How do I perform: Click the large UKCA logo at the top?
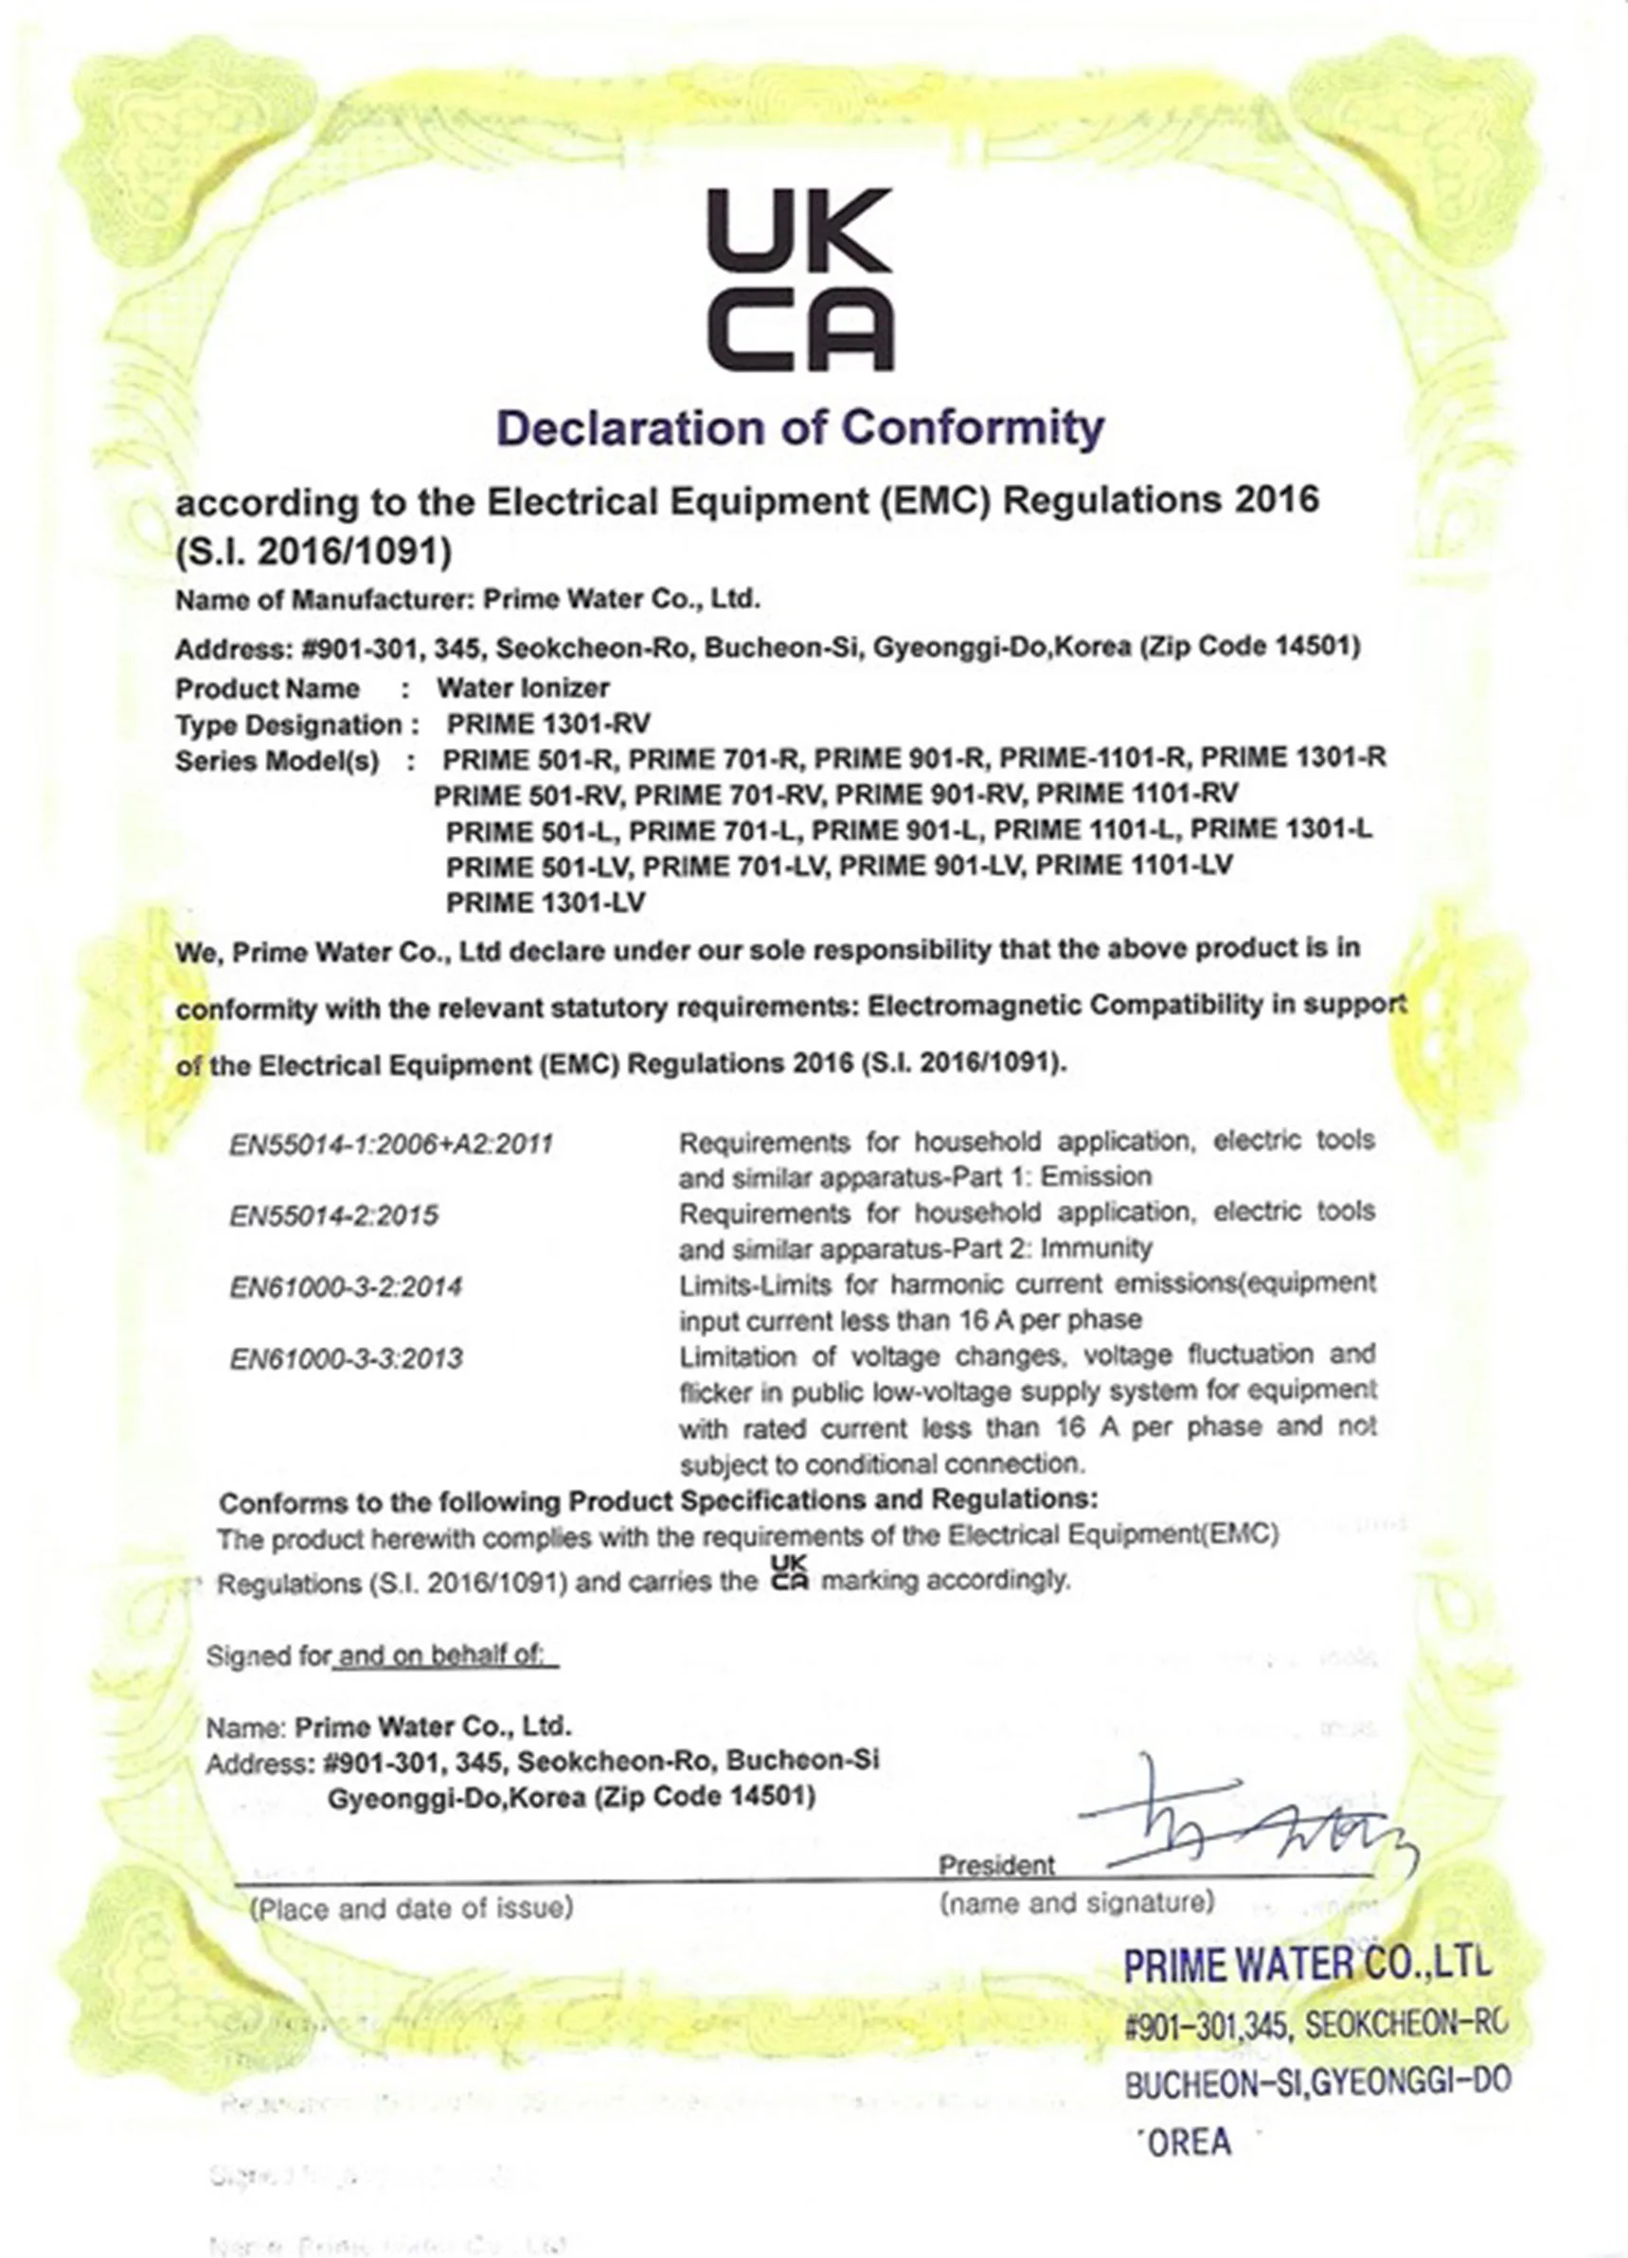pos(799,279)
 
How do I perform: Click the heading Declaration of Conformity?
pos(799,428)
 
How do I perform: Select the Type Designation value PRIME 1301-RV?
pos(547,724)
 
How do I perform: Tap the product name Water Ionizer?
pos(523,688)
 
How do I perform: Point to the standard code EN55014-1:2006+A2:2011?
pos(391,1144)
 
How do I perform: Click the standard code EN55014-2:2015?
pos(333,1215)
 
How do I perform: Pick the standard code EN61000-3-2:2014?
pos(346,1287)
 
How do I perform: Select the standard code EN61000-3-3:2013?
pos(347,1359)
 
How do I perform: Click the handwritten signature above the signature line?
pos(1244,1819)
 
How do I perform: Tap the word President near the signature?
pos(996,1865)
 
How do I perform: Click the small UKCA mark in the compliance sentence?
pos(791,1574)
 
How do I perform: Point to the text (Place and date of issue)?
pos(411,1908)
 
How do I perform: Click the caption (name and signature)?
pos(1077,1903)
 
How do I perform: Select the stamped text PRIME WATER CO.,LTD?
pos(1307,1966)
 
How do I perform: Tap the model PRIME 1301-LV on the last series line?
pos(546,903)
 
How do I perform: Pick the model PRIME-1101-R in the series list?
pos(1093,760)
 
